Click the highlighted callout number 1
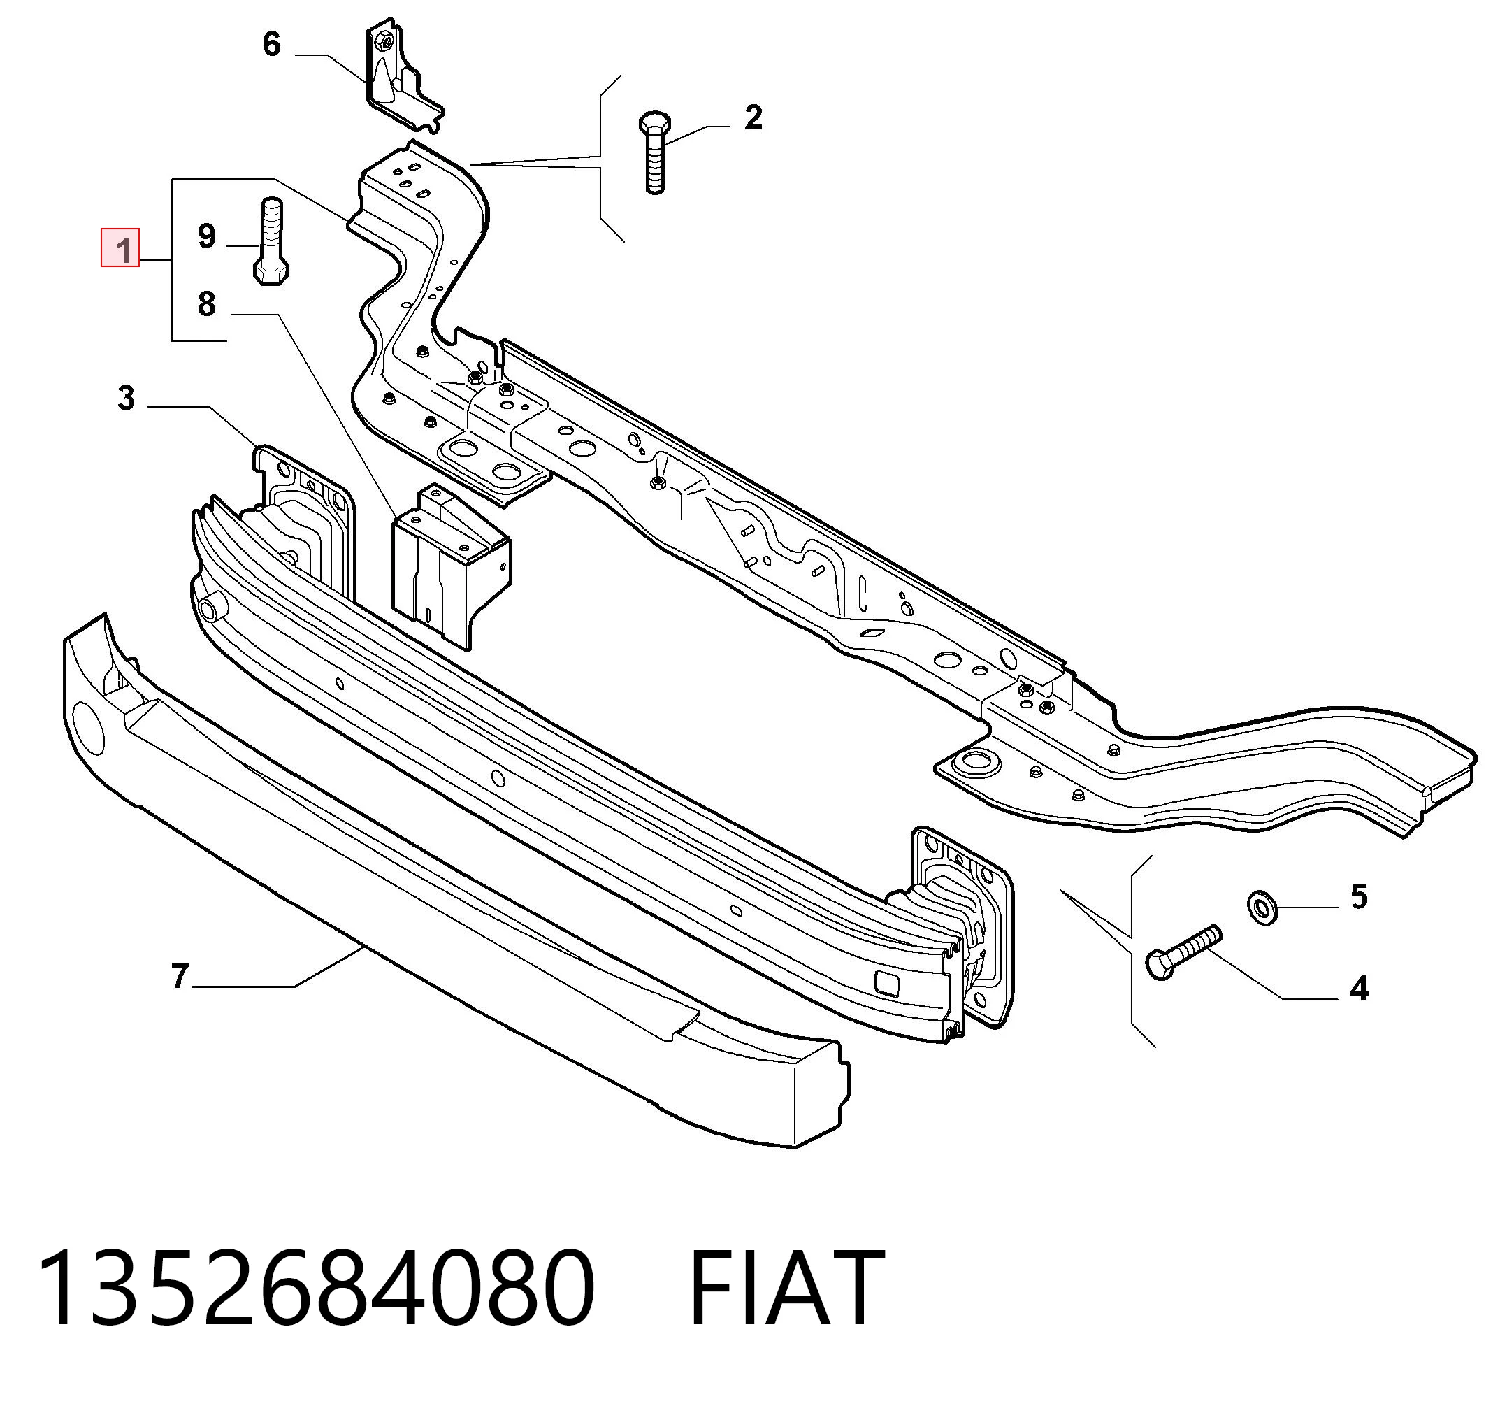click(121, 248)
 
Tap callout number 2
click(753, 117)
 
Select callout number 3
click(126, 397)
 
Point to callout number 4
click(1359, 988)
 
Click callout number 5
click(1359, 897)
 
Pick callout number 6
click(272, 45)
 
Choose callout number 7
click(179, 976)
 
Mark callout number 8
click(207, 303)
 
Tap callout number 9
click(207, 236)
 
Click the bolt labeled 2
click(654, 153)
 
